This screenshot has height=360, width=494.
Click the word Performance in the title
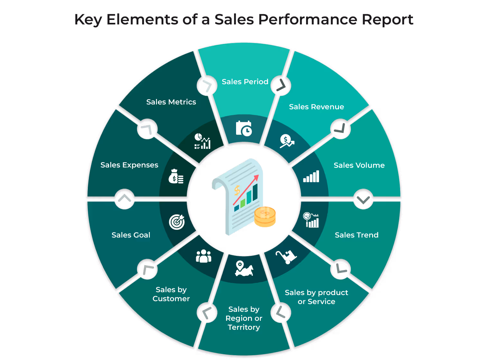click(x=308, y=20)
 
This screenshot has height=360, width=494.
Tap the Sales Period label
click(x=245, y=82)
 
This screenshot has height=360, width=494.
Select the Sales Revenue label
click(x=316, y=107)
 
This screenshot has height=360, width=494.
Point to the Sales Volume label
click(x=359, y=165)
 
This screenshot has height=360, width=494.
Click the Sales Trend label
click(x=356, y=235)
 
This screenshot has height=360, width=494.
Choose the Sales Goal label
click(x=131, y=235)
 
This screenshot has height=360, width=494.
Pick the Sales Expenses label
click(x=129, y=165)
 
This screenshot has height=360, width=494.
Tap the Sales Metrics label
click(x=171, y=102)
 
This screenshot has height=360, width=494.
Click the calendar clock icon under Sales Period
click(x=244, y=129)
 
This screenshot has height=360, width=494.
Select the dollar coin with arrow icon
click(x=286, y=141)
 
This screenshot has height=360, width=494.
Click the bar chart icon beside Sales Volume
click(x=311, y=176)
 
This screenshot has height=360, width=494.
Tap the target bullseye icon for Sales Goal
click(x=177, y=222)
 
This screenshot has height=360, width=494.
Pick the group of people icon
click(x=204, y=256)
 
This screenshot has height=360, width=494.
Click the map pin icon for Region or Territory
click(x=244, y=268)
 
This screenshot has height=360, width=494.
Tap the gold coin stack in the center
click(x=265, y=217)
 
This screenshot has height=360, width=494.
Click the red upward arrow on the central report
click(x=246, y=190)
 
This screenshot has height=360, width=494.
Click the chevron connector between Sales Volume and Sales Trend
click(x=363, y=200)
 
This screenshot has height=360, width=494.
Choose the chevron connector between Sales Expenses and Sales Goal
click(x=124, y=199)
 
